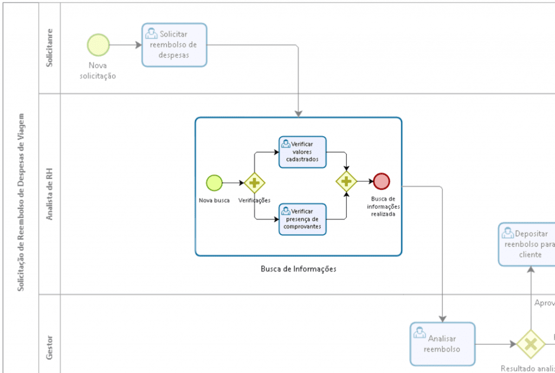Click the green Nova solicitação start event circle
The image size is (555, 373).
point(98,44)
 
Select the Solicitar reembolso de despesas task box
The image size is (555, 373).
point(174,45)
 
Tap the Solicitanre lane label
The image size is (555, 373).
point(49,48)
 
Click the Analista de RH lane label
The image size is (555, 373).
point(49,194)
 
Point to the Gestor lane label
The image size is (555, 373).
point(49,346)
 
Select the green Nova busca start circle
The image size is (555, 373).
point(214,183)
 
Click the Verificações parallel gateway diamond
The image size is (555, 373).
point(254,183)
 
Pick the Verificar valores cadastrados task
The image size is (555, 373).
point(302,152)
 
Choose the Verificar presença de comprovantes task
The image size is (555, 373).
point(302,219)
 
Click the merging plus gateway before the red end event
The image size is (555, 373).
point(346,181)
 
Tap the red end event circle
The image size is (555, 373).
point(382,181)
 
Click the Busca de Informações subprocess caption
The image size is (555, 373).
point(298,269)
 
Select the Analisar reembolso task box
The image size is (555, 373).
point(442,344)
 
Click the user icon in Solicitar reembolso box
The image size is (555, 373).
point(151,33)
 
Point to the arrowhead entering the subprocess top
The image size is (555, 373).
point(298,113)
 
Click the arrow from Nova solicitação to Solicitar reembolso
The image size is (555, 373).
point(125,45)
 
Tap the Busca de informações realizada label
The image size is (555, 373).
point(383,207)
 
